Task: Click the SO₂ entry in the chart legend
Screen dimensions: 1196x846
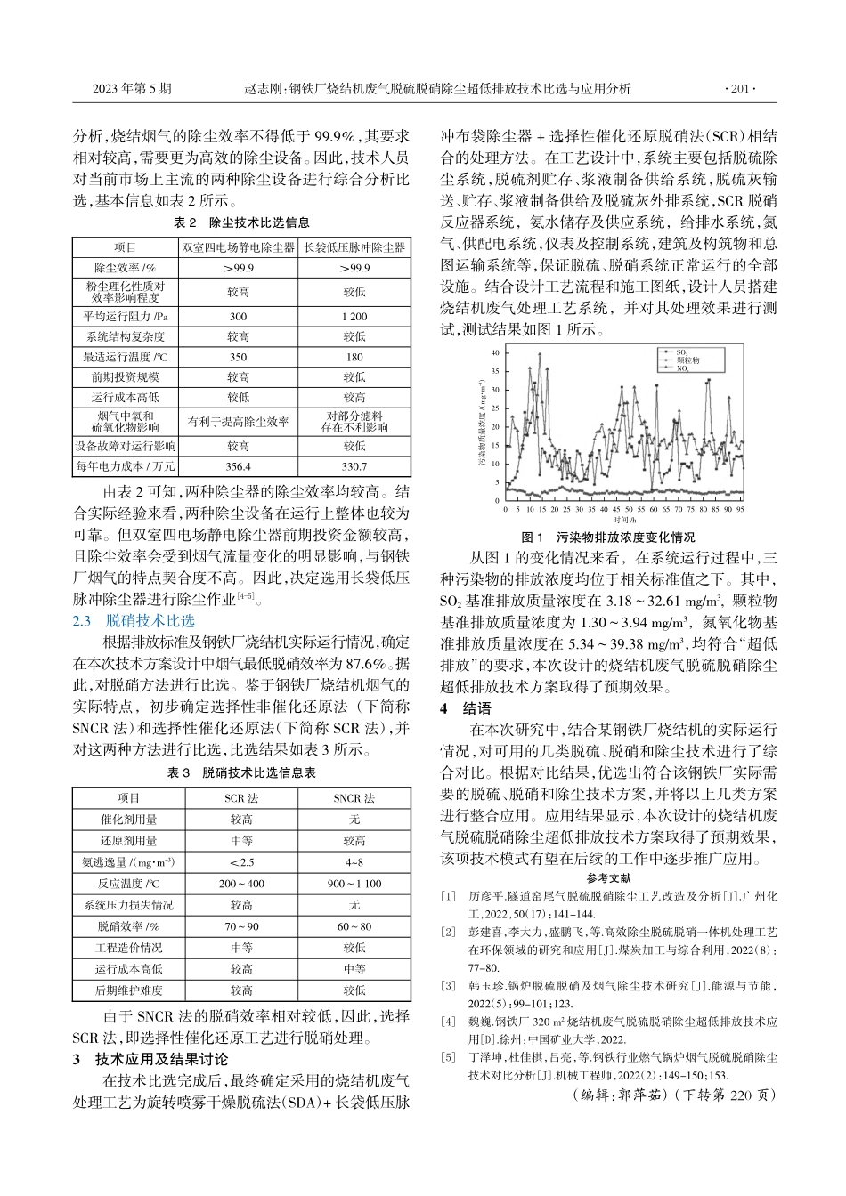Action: point(682,353)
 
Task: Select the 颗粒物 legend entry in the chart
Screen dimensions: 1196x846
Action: point(687,360)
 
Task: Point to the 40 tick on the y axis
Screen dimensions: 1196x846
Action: point(496,353)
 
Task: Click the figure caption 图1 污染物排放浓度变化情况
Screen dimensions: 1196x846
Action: point(608,537)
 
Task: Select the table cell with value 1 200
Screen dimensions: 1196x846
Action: point(354,316)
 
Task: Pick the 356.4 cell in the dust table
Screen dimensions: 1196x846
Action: point(238,465)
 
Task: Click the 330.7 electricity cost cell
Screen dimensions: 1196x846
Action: point(354,465)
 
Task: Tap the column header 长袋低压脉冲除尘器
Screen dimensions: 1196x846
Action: point(354,246)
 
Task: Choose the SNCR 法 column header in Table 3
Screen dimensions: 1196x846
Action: point(354,797)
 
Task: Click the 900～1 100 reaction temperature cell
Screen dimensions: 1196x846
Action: point(354,883)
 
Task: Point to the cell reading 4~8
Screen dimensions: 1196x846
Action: point(354,861)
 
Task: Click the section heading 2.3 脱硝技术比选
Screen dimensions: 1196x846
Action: point(134,621)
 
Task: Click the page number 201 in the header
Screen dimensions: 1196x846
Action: point(741,89)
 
